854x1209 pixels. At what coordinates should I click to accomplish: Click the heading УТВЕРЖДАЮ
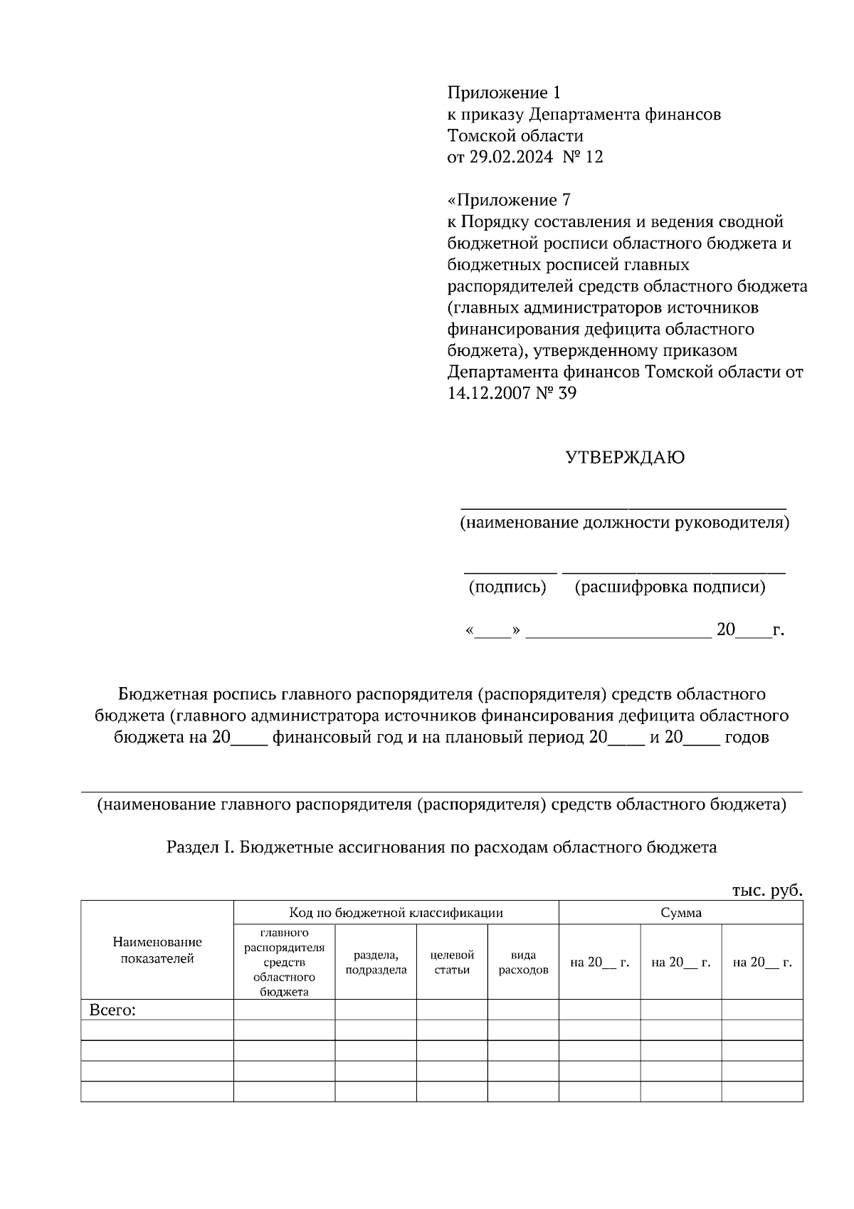[625, 458]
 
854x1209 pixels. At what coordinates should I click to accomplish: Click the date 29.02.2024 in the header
[510, 157]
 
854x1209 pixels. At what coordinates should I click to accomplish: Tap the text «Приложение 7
[509, 200]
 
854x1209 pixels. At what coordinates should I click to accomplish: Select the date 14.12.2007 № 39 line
[512, 393]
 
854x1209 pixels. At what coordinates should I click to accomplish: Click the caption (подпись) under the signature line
[507, 587]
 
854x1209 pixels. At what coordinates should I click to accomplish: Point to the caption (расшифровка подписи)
[670, 587]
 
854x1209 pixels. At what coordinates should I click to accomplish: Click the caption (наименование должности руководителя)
[624, 523]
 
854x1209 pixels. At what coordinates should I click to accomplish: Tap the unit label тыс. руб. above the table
[767, 890]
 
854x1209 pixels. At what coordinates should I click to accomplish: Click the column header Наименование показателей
[157, 951]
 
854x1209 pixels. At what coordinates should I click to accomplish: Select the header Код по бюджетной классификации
[396, 913]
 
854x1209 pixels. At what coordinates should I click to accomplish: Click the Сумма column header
[680, 913]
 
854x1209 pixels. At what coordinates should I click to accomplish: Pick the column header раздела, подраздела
[376, 963]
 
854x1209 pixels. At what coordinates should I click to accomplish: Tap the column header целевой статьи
[452, 963]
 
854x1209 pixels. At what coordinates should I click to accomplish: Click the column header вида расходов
[523, 963]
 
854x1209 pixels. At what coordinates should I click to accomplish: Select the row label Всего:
[112, 1010]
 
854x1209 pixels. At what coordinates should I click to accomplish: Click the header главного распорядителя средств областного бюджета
[284, 962]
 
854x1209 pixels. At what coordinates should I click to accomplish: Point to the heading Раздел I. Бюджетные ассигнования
[441, 847]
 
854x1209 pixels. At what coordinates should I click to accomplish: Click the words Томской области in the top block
[515, 136]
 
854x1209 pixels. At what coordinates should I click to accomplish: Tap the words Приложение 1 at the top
[504, 93]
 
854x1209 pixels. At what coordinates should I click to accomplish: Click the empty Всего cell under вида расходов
[523, 1010]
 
